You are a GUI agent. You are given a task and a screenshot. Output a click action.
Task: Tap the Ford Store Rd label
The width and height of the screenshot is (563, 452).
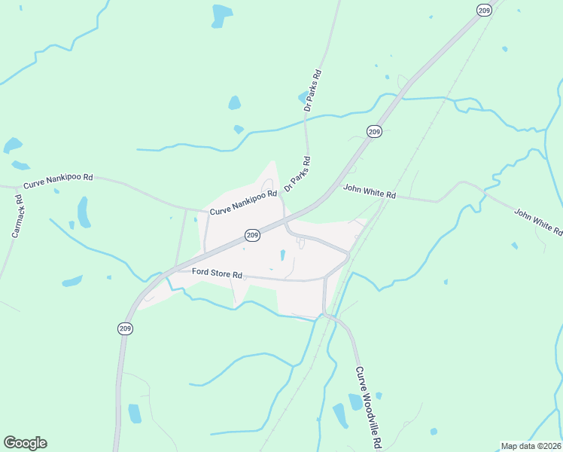(217, 272)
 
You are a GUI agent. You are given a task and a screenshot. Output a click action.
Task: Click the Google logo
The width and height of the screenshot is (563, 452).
(25, 443)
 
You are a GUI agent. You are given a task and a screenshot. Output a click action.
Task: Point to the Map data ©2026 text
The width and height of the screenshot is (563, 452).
(531, 446)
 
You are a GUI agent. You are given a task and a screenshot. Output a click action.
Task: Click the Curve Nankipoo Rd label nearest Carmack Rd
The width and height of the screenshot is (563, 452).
(58, 181)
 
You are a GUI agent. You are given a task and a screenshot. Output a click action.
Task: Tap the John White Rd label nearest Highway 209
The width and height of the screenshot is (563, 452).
(370, 192)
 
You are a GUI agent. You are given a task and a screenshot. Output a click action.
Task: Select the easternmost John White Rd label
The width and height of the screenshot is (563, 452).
(537, 222)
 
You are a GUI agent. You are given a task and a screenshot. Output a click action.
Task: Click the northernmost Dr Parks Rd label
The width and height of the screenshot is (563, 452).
(312, 91)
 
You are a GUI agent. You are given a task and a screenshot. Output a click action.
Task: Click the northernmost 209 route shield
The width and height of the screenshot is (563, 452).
(484, 10)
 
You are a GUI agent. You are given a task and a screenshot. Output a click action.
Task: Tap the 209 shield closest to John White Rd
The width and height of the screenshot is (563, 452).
(374, 132)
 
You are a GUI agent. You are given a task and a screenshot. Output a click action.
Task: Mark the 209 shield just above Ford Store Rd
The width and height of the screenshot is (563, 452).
(252, 236)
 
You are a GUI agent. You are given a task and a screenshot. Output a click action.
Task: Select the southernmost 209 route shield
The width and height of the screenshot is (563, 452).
(125, 328)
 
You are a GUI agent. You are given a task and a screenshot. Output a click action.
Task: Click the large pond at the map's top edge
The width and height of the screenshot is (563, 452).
(221, 15)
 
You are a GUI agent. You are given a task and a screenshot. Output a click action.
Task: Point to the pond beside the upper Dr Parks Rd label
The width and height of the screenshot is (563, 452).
(303, 97)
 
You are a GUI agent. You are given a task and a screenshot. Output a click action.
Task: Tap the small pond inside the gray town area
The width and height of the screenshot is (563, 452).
(282, 255)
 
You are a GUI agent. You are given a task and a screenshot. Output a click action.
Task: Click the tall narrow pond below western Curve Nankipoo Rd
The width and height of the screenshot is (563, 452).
(83, 212)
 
